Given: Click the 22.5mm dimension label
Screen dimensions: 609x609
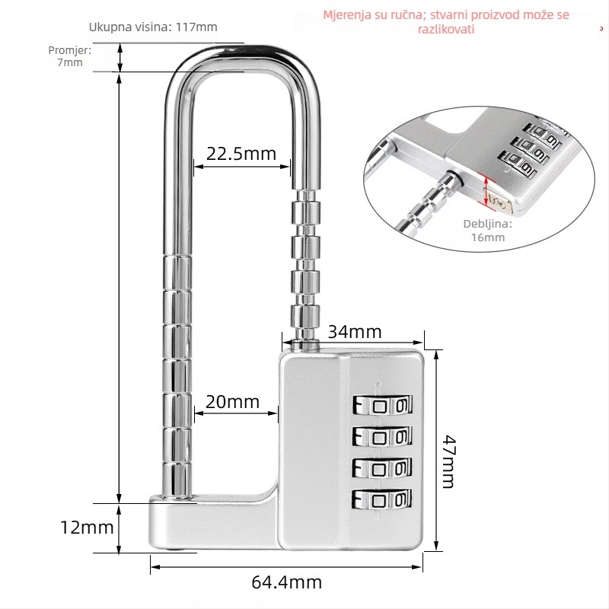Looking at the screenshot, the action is [241, 154].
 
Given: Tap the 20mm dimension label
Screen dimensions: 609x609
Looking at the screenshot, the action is [232, 402].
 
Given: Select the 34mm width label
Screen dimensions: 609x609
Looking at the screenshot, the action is [355, 332].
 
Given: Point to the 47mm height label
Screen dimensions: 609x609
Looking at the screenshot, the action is [448, 461].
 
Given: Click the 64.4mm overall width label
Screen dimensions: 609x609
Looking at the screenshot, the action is [287, 582].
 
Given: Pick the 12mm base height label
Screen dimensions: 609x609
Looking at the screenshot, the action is [87, 528].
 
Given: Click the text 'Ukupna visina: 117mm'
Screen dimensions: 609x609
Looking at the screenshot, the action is [153, 27].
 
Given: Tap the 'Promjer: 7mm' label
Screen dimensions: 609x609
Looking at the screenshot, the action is [70, 56].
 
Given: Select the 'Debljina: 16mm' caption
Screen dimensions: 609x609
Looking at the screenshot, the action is [488, 231].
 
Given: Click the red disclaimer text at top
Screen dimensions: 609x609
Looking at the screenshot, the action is [446, 22].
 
